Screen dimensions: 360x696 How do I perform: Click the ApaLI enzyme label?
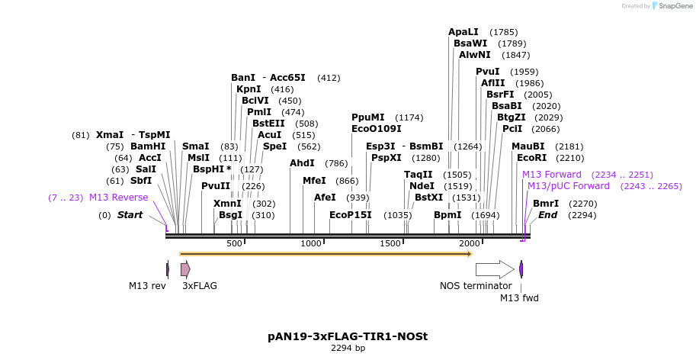[463, 32]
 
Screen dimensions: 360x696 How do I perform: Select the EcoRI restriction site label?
[532, 158]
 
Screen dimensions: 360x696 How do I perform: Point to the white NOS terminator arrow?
[495, 269]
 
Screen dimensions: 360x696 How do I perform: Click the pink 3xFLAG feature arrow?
[185, 269]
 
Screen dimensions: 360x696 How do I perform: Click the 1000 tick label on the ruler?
[311, 243]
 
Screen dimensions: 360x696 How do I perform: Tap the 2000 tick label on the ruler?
[469, 243]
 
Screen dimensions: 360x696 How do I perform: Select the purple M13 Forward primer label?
[552, 175]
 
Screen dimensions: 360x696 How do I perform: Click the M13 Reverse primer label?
[118, 198]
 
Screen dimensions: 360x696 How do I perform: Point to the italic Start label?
[130, 215]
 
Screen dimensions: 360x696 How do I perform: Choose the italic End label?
[547, 215]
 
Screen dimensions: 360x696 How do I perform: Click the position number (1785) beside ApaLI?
[503, 32]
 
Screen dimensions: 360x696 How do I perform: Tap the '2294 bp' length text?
[348, 349]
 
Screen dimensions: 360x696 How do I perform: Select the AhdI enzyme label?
[303, 163]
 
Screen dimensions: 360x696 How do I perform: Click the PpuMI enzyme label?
[368, 117]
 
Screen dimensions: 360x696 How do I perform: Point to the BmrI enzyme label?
[546, 204]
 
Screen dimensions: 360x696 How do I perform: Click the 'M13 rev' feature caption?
[147, 286]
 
